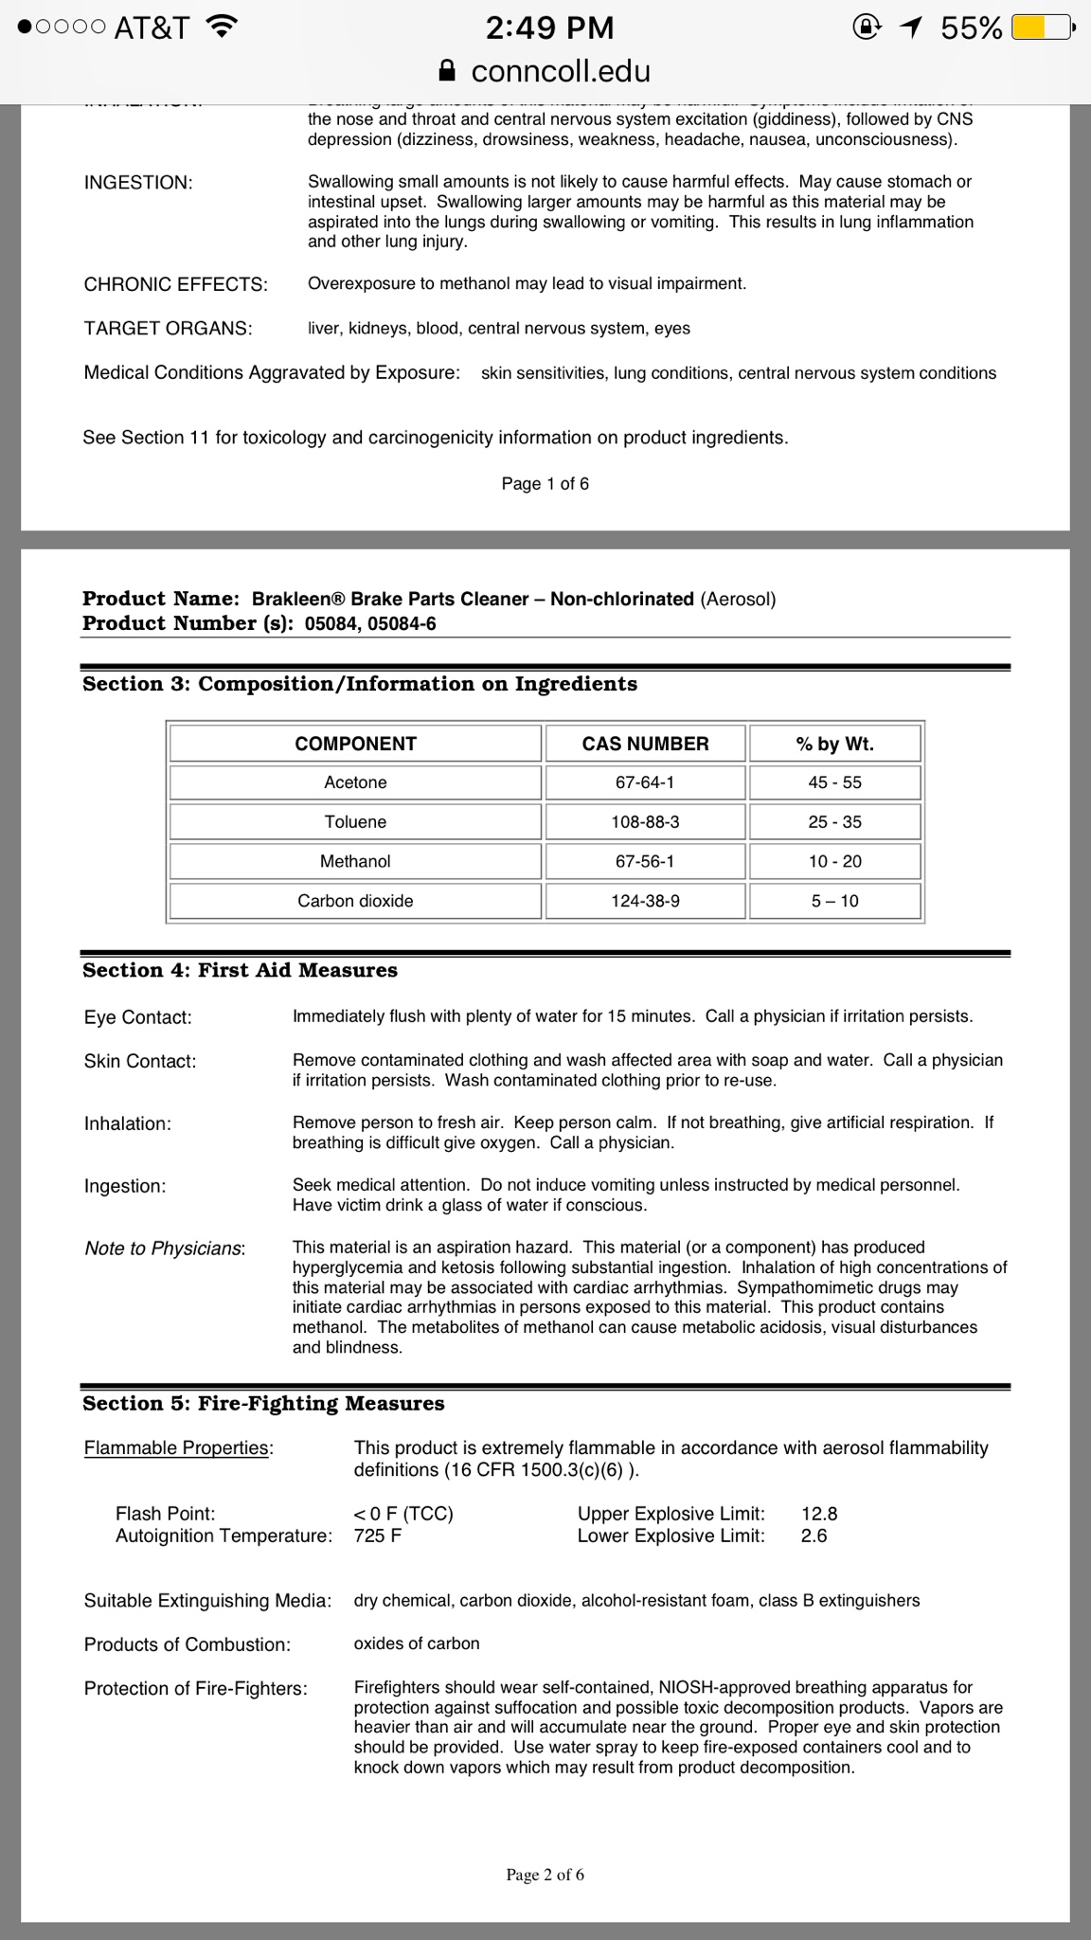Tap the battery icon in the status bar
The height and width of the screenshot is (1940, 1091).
(x=1042, y=28)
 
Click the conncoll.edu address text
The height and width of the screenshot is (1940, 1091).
(x=560, y=71)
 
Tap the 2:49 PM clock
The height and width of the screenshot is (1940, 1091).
(x=549, y=27)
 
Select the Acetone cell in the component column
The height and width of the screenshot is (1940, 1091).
(x=355, y=782)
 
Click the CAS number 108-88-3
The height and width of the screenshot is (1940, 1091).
(x=645, y=822)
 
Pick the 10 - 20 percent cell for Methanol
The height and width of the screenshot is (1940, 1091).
(x=834, y=861)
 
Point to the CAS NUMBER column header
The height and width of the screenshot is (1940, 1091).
(x=645, y=744)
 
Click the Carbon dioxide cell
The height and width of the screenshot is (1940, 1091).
(x=355, y=901)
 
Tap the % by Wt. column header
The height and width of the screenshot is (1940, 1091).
(x=834, y=744)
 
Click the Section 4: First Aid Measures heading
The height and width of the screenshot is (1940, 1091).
(x=240, y=970)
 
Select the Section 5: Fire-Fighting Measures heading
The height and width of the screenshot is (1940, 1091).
(x=263, y=1403)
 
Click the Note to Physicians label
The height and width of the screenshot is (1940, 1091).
(x=165, y=1248)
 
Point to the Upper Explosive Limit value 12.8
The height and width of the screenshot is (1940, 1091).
(x=819, y=1513)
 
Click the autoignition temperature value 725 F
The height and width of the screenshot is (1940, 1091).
(x=377, y=1535)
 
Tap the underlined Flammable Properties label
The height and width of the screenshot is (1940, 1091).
(x=177, y=1447)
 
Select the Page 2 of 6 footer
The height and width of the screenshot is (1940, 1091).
(x=545, y=1874)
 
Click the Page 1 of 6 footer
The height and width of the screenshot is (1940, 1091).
(x=545, y=484)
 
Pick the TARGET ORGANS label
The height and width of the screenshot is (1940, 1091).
(x=168, y=329)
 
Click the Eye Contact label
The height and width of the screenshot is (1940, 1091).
(x=137, y=1017)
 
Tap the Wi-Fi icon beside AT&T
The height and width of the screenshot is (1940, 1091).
(x=222, y=28)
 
